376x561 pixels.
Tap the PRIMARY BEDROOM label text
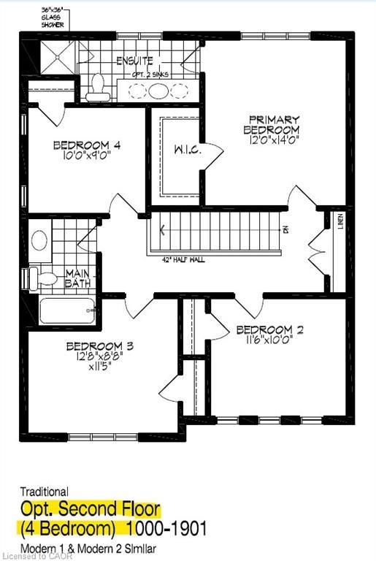pos(272,125)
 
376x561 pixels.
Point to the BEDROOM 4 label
pos(86,145)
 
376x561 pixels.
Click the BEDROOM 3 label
pos(99,346)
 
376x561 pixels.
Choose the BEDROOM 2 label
pos(269,329)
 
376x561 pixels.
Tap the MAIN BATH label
pos(77,278)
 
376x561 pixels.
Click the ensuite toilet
pos(95,90)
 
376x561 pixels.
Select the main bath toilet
pos(47,277)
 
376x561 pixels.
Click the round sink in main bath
pos(40,240)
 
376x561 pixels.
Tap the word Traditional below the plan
pos(44,492)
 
